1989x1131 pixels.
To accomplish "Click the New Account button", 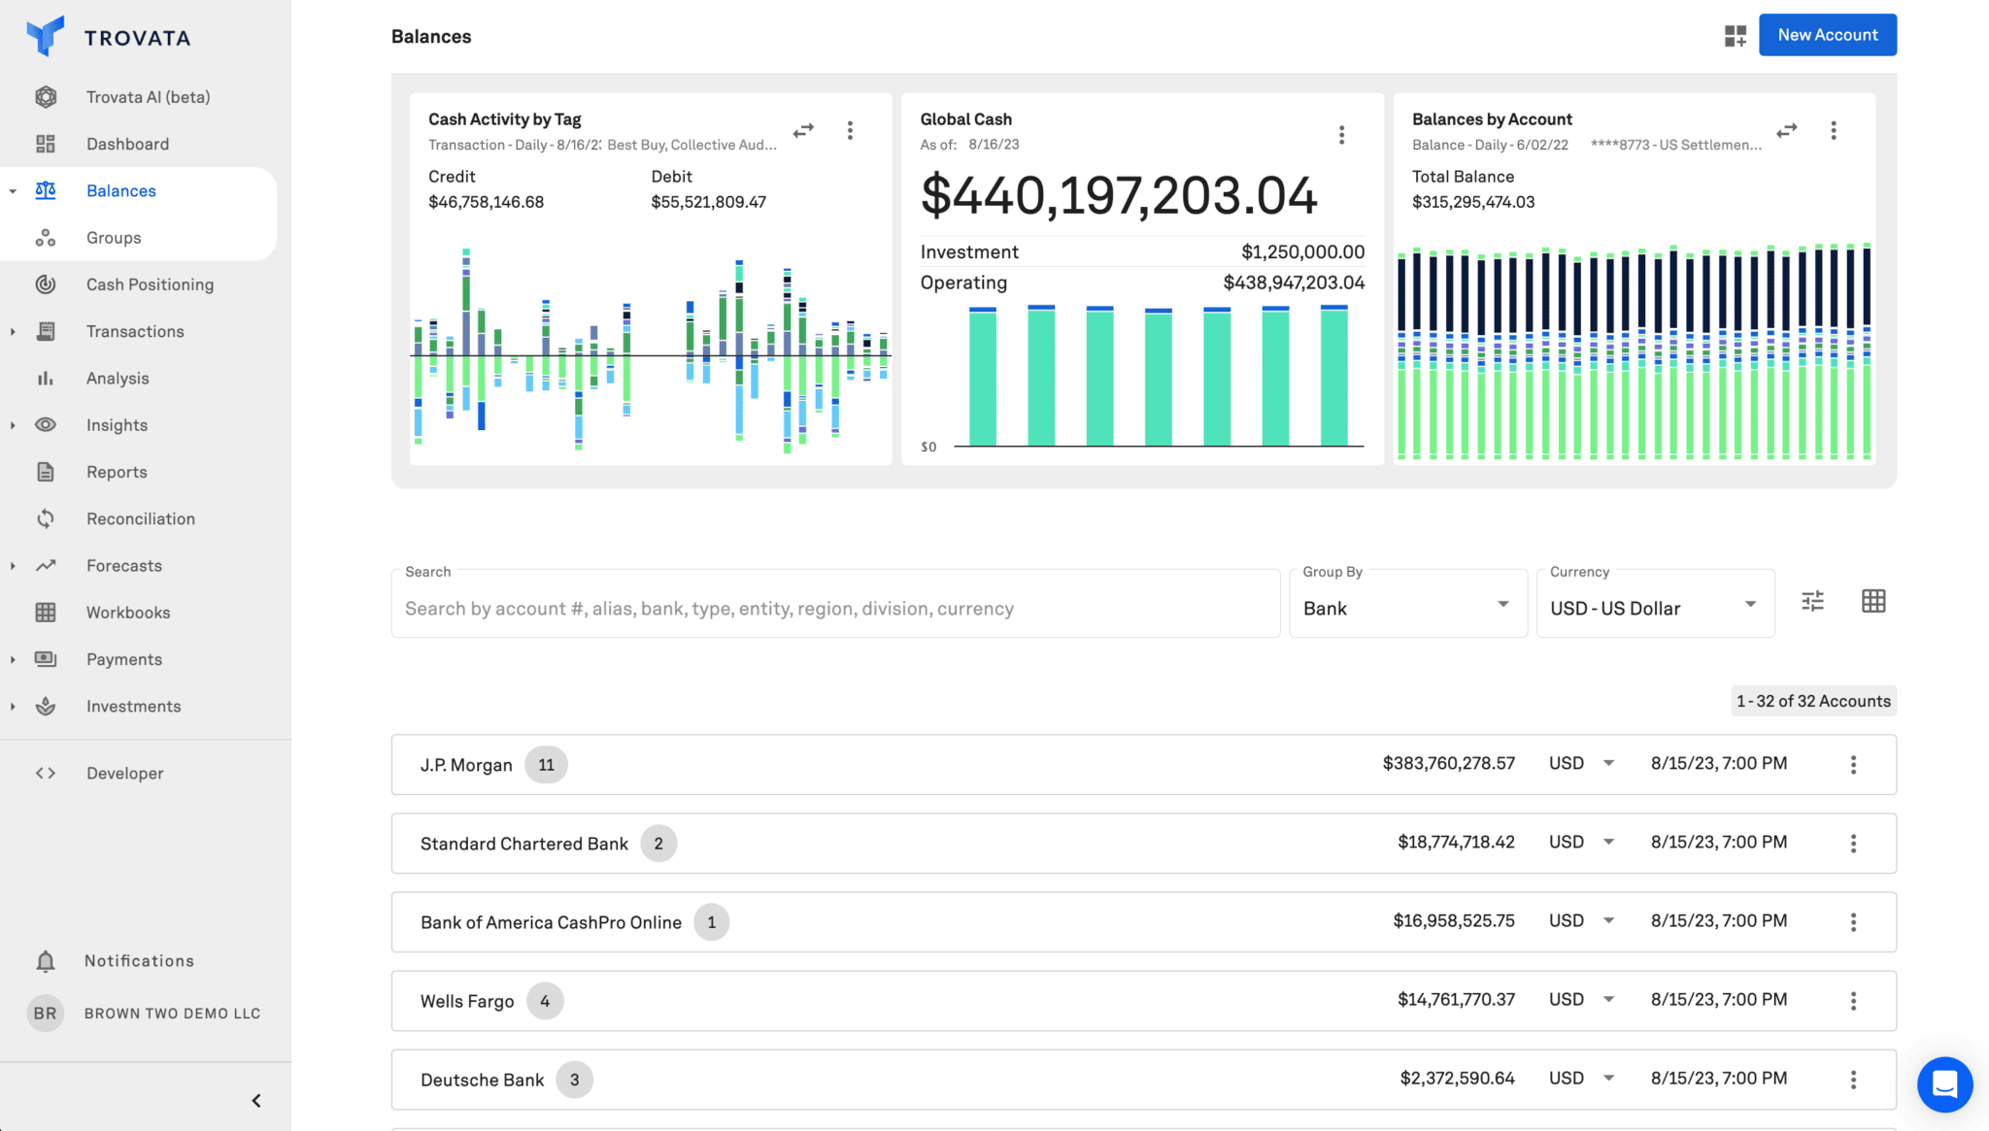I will click(1827, 35).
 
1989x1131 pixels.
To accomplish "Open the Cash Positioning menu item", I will click(150, 284).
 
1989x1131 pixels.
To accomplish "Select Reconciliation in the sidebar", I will click(140, 518).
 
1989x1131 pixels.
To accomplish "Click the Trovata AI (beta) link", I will click(148, 97).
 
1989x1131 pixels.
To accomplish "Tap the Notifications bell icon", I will click(46, 961).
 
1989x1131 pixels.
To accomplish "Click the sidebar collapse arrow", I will click(256, 1100).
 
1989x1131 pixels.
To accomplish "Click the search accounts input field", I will click(835, 609).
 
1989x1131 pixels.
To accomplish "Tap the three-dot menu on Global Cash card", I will click(1341, 135).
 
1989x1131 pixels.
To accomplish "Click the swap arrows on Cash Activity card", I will click(803, 130).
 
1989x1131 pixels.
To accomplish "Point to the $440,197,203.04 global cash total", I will click(1118, 196).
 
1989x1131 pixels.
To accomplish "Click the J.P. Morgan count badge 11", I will click(546, 765).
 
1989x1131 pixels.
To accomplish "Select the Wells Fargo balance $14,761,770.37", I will click(1455, 1000).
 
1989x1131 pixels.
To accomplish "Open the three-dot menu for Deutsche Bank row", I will click(1853, 1080).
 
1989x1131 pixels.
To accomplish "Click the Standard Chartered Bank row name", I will click(523, 844).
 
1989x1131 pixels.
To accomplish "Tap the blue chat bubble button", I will click(1944, 1083).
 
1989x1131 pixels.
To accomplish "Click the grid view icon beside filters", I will click(1873, 601).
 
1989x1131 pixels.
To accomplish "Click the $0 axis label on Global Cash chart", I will click(928, 448).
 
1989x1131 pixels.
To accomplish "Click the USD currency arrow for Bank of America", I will click(1608, 920).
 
